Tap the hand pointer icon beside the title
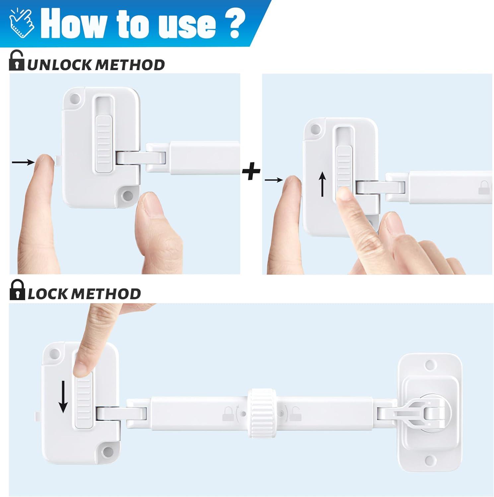tap(22, 22)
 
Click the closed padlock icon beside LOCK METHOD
tap(17, 290)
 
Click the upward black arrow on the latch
tap(322, 186)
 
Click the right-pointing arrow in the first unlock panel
tap(23, 162)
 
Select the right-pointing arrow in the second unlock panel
tap(274, 180)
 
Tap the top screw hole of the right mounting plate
tap(430, 365)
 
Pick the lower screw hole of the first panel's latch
tap(127, 196)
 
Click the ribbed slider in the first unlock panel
tap(104, 144)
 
